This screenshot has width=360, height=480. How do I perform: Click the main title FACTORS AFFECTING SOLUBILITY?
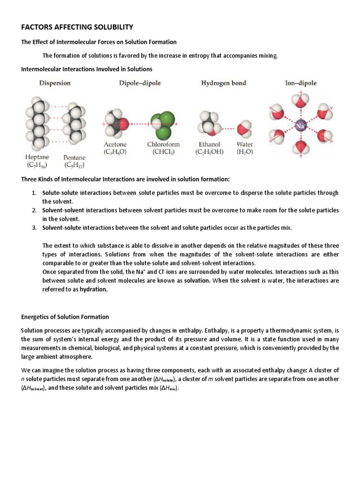(x=77, y=27)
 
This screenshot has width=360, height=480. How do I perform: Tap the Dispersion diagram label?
(x=55, y=83)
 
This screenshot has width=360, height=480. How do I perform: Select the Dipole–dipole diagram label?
(x=139, y=83)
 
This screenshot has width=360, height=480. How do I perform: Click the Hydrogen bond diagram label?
(x=224, y=83)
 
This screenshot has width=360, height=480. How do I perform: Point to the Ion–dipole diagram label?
(x=300, y=83)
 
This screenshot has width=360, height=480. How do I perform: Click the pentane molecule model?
(x=74, y=123)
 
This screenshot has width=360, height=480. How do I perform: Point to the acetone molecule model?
(x=116, y=125)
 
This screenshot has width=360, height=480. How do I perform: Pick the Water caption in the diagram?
(x=245, y=144)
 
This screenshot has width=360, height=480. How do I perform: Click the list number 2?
(x=34, y=210)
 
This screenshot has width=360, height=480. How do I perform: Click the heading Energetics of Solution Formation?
(x=65, y=317)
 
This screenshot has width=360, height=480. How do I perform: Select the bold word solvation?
(x=197, y=281)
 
